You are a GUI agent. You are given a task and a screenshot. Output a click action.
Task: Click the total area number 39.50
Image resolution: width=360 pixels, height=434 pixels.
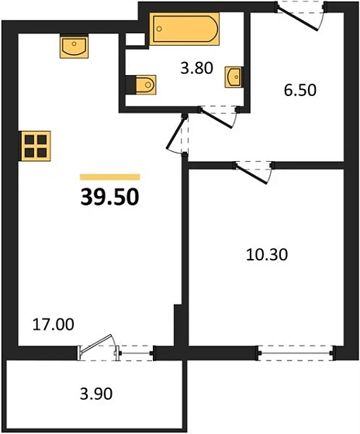(x=109, y=198)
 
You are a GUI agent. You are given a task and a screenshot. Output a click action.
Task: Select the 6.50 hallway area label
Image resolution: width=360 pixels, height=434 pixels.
(x=297, y=91)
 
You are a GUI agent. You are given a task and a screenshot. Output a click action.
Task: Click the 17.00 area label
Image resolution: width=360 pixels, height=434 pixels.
(x=54, y=325)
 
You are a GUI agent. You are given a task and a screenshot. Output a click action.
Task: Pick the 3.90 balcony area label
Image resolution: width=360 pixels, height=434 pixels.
(x=97, y=394)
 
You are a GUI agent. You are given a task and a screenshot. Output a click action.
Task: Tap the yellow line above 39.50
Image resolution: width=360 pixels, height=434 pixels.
(x=109, y=177)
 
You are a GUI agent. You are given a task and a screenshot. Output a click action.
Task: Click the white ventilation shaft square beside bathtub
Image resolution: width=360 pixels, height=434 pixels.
(x=135, y=38)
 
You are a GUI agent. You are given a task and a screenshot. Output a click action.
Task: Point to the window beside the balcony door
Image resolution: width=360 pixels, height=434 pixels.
(x=136, y=354)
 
